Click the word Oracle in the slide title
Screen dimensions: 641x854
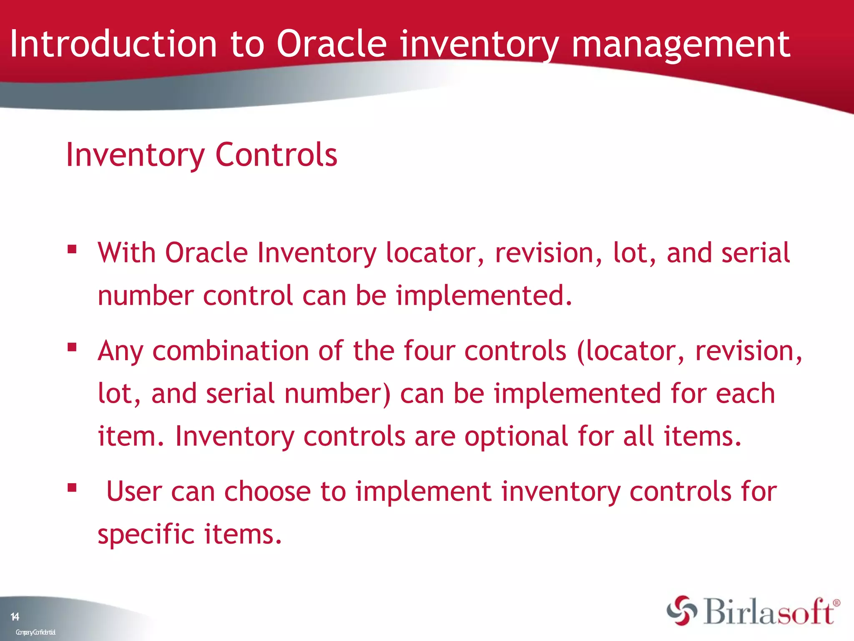(332, 44)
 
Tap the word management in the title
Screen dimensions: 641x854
(680, 44)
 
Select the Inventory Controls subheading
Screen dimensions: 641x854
(201, 155)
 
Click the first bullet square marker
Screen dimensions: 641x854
(72, 250)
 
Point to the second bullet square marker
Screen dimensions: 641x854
(72, 347)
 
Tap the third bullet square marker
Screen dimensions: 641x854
(72, 487)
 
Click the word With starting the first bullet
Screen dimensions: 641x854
(127, 253)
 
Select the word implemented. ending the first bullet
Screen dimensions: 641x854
(484, 296)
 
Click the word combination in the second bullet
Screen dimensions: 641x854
(231, 351)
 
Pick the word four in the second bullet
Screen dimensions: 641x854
(429, 351)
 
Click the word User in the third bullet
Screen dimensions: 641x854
(134, 491)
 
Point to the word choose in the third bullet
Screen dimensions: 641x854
(267, 491)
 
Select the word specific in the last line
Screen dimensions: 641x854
(146, 534)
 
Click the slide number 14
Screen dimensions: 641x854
(15, 617)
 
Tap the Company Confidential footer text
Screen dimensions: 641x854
(35, 632)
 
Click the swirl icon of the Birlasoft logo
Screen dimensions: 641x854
(681, 611)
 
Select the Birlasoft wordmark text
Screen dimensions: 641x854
(769, 612)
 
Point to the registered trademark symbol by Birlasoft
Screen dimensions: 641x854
(836, 603)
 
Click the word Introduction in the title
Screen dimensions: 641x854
(113, 44)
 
